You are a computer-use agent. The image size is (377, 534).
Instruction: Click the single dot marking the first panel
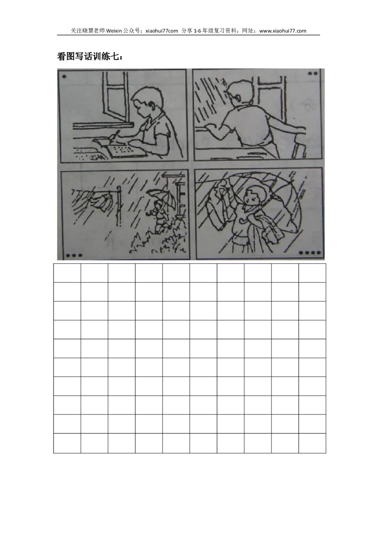coord(64,76)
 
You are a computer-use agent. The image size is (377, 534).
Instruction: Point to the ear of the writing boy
coord(152,106)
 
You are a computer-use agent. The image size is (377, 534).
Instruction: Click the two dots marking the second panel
coord(313,73)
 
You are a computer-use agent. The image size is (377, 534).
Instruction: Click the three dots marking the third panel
coord(74,255)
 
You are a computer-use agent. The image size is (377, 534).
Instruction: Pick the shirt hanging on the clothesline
coord(103,201)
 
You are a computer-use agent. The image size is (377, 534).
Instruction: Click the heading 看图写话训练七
coord(90,57)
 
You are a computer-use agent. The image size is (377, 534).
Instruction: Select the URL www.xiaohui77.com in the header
coord(283,31)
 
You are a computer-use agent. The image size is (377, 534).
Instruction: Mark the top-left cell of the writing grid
coord(67,273)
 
